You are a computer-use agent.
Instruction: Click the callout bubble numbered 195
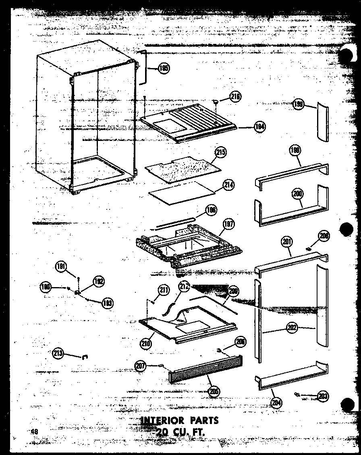[164, 68]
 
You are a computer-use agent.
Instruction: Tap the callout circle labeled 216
[235, 97]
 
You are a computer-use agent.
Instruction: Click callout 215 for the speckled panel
[220, 152]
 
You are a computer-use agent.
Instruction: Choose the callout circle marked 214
[228, 186]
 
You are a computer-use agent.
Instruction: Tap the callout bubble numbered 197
[229, 224]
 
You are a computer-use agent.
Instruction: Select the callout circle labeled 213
[58, 354]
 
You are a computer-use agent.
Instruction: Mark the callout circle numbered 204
[277, 402]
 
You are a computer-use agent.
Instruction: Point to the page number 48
[34, 432]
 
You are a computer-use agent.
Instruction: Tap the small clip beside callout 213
[85, 356]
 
